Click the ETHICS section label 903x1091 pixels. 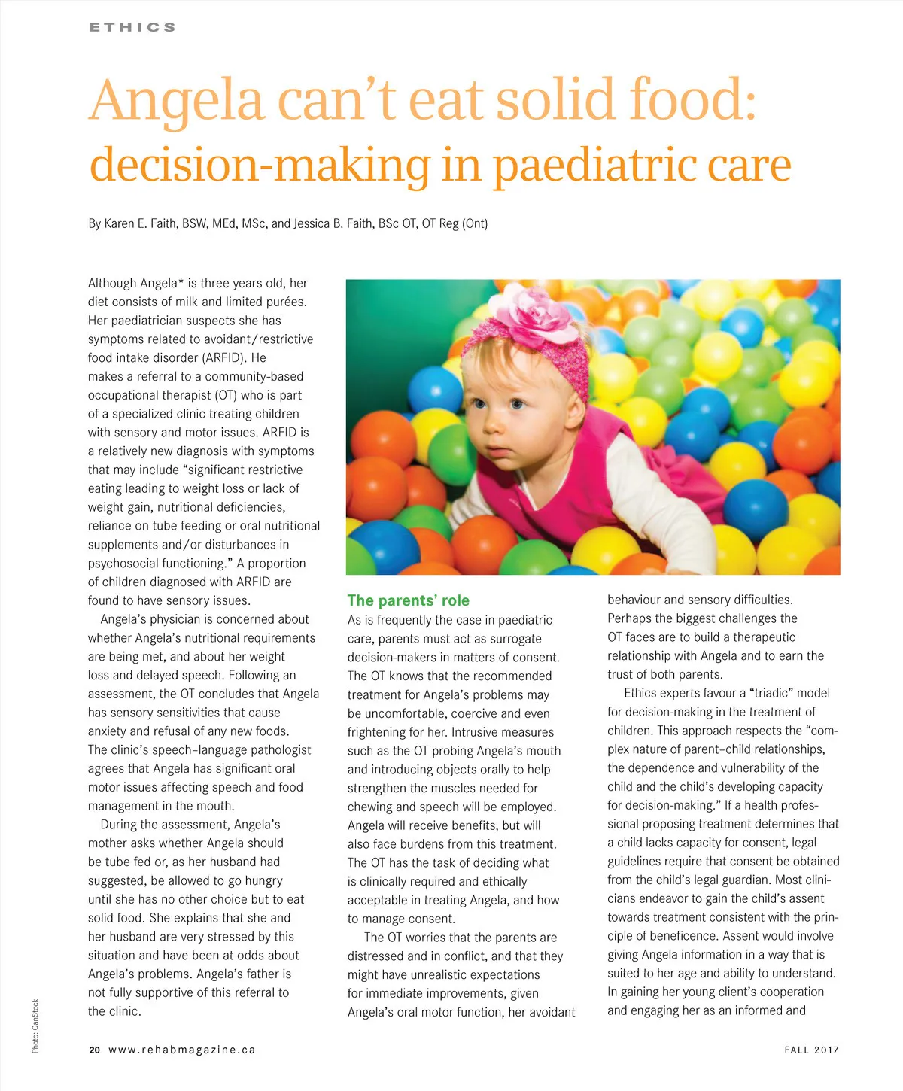pyautogui.click(x=132, y=27)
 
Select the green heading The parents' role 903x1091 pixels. pyautogui.click(x=408, y=600)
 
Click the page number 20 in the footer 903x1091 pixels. pyautogui.click(x=94, y=1050)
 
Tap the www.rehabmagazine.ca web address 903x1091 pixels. pyautogui.click(x=182, y=1050)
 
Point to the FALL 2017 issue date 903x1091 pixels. pyautogui.click(x=811, y=1050)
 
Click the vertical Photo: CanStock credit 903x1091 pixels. pyautogui.click(x=35, y=1026)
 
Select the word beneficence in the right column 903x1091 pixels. pyautogui.click(x=755, y=936)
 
